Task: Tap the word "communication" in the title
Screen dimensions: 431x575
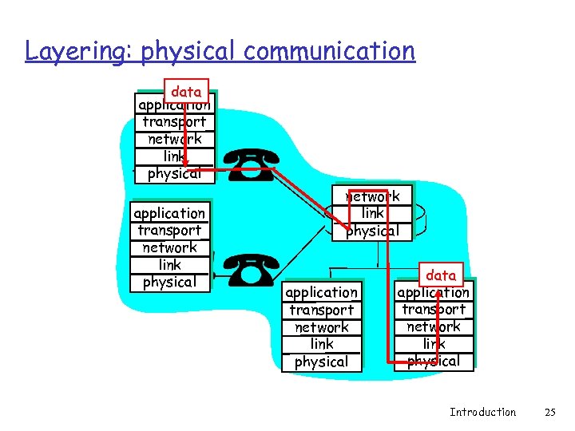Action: click(x=330, y=51)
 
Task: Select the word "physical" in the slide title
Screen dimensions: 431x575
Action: click(x=188, y=52)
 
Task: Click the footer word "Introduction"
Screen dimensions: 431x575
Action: click(x=482, y=412)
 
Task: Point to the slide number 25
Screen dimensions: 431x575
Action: click(x=549, y=412)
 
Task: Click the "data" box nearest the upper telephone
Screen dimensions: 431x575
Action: click(x=186, y=92)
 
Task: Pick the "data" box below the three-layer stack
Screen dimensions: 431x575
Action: click(x=441, y=275)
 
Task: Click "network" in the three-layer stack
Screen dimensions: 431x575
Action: click(x=372, y=196)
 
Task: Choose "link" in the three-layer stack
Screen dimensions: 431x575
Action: click(x=372, y=213)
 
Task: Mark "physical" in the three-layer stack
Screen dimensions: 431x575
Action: click(x=372, y=231)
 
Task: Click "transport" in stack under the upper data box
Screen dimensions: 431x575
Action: click(x=174, y=122)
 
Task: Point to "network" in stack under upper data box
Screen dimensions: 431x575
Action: click(x=174, y=139)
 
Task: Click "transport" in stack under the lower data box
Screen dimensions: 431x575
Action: click(x=434, y=310)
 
